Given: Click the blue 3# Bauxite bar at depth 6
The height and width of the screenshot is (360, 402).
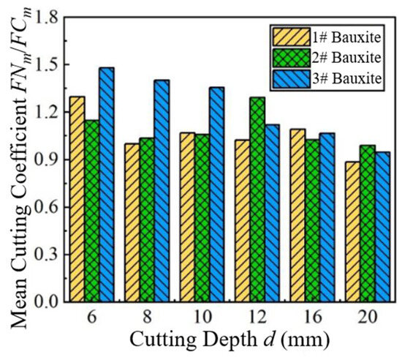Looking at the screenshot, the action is click(107, 184).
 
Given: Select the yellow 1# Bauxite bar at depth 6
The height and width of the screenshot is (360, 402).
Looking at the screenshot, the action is click(77, 199).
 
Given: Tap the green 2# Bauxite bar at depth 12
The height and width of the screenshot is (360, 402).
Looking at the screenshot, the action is click(258, 199).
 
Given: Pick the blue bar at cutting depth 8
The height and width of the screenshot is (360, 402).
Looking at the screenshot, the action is click(162, 191).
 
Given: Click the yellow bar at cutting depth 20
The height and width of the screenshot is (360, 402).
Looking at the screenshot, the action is click(353, 232).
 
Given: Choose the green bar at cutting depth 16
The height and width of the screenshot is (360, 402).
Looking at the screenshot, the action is click(313, 220).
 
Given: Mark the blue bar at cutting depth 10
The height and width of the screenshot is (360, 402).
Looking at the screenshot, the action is click(217, 194).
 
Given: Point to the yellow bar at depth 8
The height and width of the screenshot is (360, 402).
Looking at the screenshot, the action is click(132, 222).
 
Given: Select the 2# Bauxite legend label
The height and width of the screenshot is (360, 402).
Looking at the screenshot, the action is click(346, 58).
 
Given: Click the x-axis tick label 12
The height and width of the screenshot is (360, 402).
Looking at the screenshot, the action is click(258, 317).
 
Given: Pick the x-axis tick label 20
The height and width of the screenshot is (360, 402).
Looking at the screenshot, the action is click(368, 317).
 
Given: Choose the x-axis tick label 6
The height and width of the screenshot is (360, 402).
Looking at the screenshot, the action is click(92, 317).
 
